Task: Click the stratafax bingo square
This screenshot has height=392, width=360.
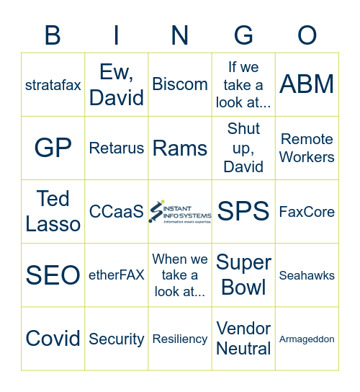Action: pyautogui.click(x=53, y=84)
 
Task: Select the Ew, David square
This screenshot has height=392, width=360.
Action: pyautogui.click(x=117, y=84)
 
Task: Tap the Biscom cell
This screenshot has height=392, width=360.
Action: pyautogui.click(x=180, y=84)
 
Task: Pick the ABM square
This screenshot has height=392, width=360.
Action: pyautogui.click(x=307, y=84)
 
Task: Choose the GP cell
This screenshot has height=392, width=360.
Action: pyautogui.click(x=53, y=148)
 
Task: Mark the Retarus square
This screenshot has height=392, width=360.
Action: pyautogui.click(x=117, y=148)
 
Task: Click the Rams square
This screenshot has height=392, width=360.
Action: pyautogui.click(x=180, y=148)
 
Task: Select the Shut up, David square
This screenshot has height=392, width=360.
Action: pyautogui.click(x=243, y=148)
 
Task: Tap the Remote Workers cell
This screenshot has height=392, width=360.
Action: pyautogui.click(x=307, y=148)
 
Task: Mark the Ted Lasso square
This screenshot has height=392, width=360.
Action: pyautogui.click(x=53, y=211)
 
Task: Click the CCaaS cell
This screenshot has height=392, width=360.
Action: pyautogui.click(x=117, y=211)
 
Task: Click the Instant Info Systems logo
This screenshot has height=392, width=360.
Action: pyautogui.click(x=180, y=211)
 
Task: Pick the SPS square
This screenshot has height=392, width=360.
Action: pyautogui.click(x=243, y=211)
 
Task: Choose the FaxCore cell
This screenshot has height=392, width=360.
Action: pyautogui.click(x=307, y=211)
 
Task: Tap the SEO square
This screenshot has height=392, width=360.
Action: pyautogui.click(x=53, y=275)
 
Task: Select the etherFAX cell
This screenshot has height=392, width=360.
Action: pyautogui.click(x=117, y=275)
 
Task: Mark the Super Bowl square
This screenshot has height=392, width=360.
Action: pyautogui.click(x=243, y=275)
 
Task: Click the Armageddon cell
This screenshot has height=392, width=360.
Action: pyautogui.click(x=307, y=339)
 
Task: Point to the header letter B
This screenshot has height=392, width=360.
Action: pyautogui.click(x=53, y=35)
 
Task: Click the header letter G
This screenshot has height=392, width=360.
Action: pyautogui.click(x=243, y=35)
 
